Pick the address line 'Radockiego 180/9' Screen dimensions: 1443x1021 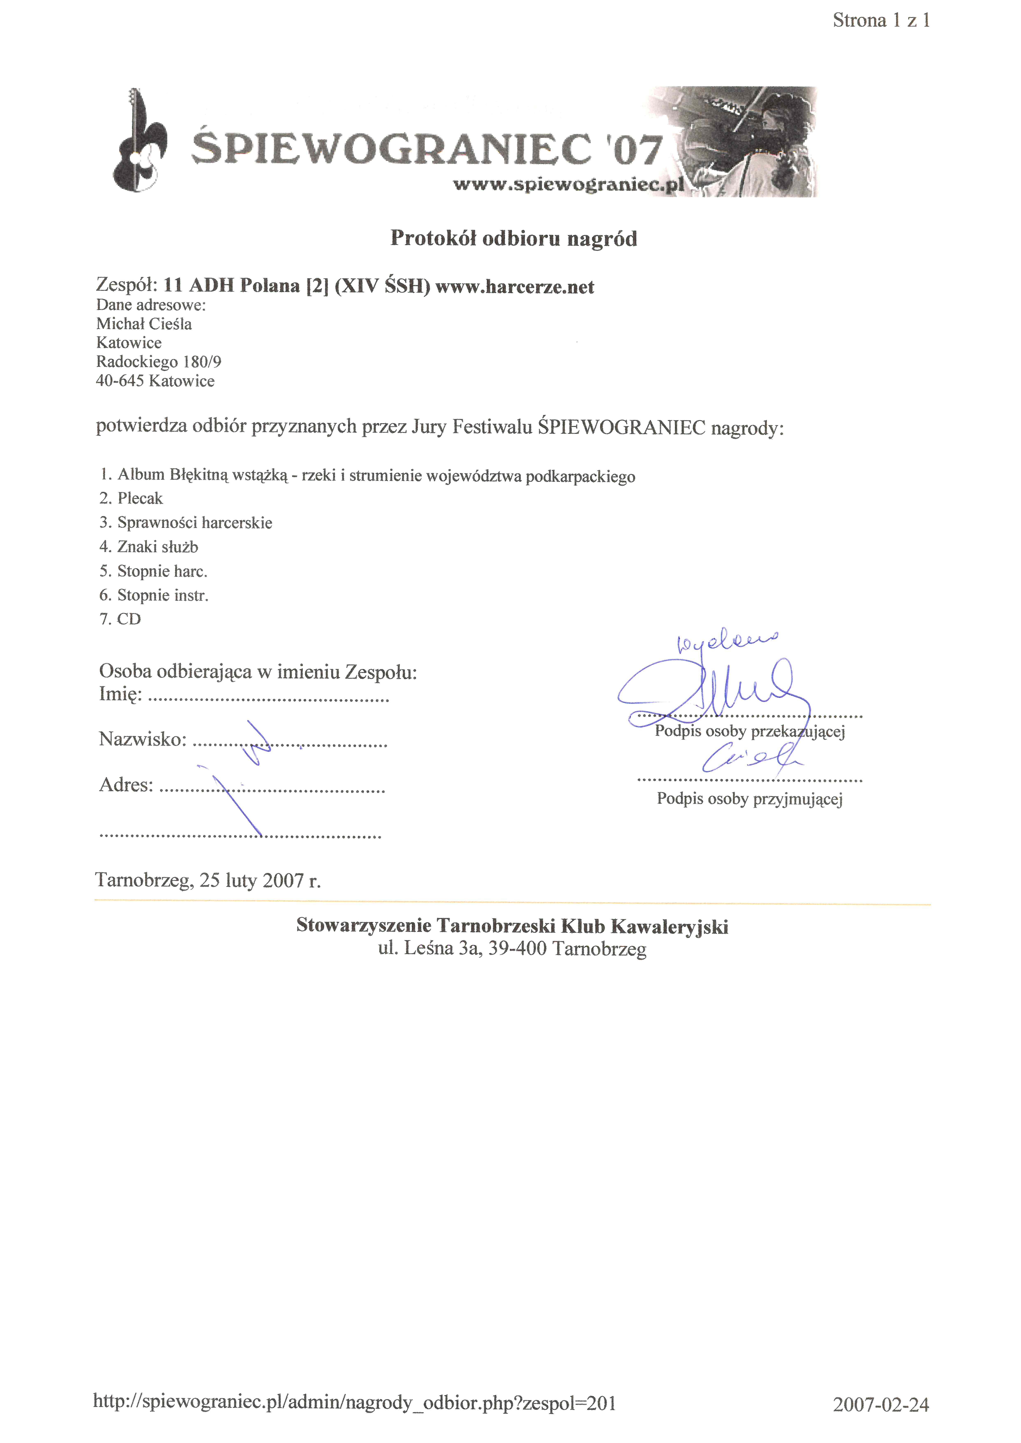click(x=159, y=362)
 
